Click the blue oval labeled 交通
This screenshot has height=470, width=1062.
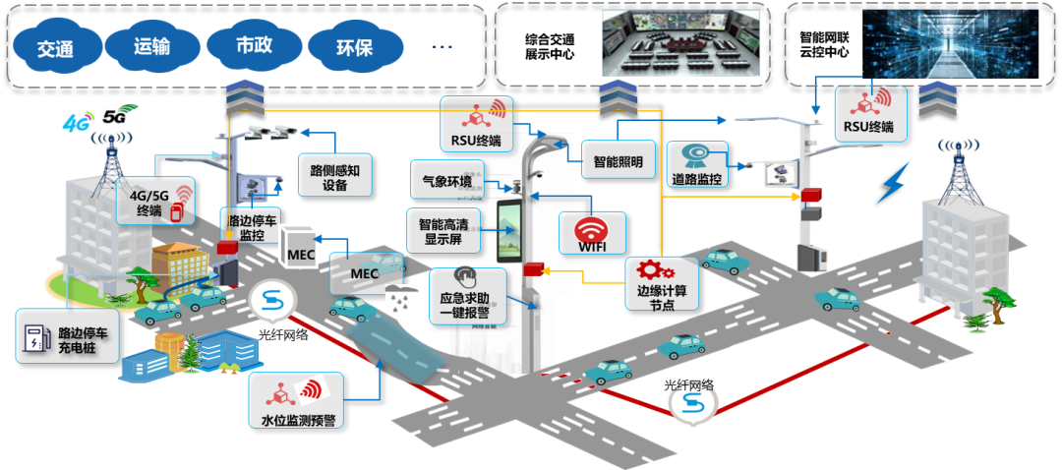click(x=56, y=46)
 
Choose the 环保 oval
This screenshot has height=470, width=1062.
click(x=354, y=46)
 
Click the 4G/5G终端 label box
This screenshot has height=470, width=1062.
click(x=153, y=201)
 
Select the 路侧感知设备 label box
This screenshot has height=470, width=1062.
click(x=334, y=176)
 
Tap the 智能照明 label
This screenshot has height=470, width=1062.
click(x=619, y=159)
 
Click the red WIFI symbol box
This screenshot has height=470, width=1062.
click(x=591, y=233)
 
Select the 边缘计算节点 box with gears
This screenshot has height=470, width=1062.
click(x=662, y=284)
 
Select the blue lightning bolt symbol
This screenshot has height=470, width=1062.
click(x=894, y=184)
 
